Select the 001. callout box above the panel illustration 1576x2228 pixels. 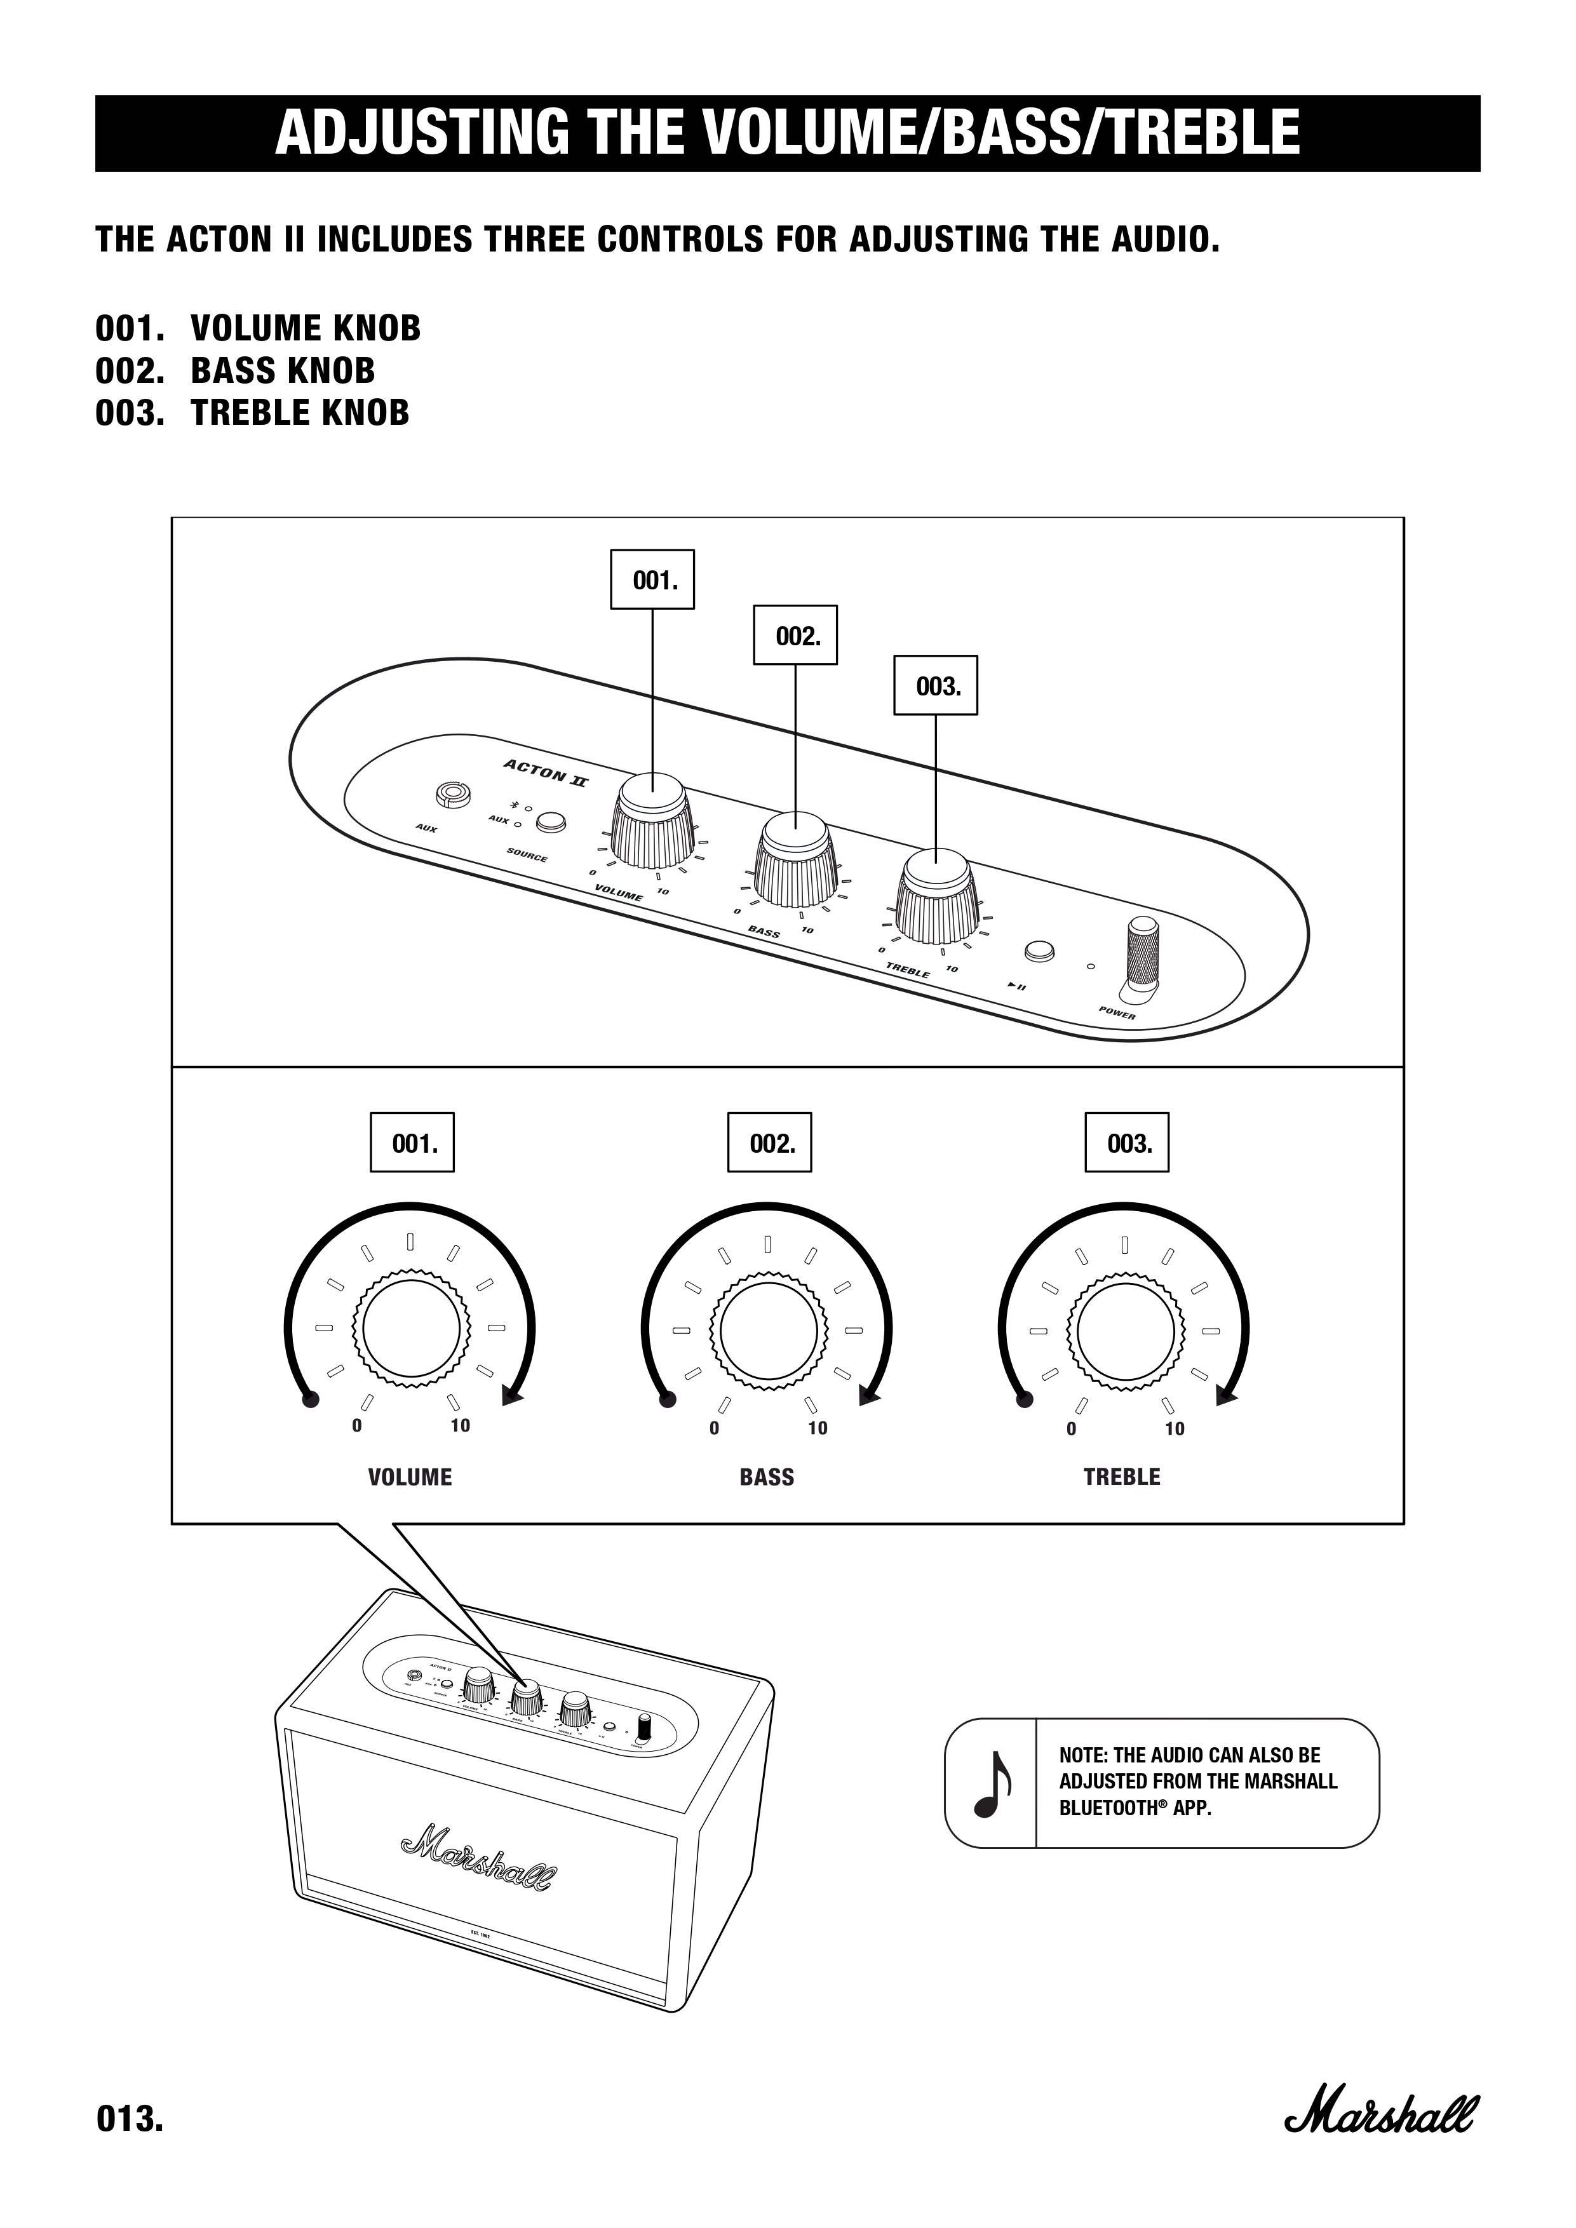(x=652, y=580)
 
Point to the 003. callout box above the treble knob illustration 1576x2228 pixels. (x=934, y=686)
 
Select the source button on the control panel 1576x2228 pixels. (x=551, y=823)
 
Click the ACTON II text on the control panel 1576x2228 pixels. (x=544, y=774)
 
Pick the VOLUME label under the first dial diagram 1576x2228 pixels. (x=410, y=1477)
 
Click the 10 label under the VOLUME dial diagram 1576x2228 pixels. (x=460, y=1425)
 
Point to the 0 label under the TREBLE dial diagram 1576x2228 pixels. (x=1072, y=1428)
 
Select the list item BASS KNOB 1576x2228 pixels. (x=283, y=371)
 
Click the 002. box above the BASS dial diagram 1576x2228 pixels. (x=769, y=1143)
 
